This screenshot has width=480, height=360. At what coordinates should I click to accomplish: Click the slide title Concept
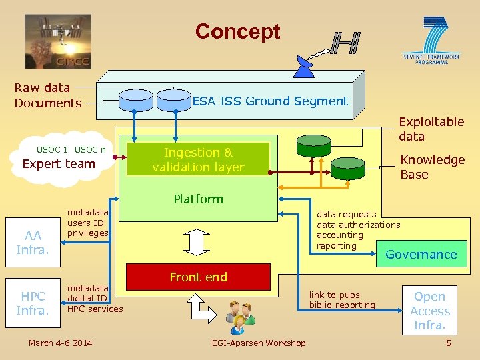(237, 31)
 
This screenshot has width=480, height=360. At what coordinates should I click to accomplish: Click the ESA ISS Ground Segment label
(270, 101)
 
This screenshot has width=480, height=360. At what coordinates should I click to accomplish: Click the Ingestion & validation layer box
(198, 160)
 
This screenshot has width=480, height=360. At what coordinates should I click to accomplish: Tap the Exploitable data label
(431, 129)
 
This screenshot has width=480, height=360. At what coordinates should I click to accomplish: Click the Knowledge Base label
(431, 167)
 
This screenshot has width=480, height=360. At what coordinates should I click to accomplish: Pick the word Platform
(198, 199)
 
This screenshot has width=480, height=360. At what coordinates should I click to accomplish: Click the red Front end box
(198, 277)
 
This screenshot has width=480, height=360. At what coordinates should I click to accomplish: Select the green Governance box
(421, 254)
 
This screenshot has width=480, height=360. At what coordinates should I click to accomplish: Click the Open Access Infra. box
(429, 311)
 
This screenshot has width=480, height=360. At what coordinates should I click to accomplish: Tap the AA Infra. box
(33, 243)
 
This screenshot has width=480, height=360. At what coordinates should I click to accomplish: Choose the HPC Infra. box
(33, 303)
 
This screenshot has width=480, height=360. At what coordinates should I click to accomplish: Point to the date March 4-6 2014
(61, 343)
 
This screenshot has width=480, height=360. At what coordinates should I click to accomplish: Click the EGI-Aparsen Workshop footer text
(259, 343)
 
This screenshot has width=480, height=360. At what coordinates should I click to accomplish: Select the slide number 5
(448, 343)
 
